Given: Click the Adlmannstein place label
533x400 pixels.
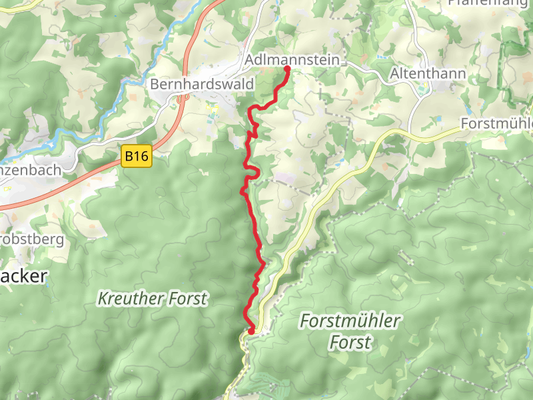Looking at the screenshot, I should [x=292, y=61].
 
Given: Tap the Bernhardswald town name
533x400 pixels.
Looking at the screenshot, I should [x=202, y=85].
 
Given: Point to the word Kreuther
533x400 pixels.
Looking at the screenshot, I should [x=129, y=298].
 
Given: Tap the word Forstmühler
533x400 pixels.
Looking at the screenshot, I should [x=350, y=321].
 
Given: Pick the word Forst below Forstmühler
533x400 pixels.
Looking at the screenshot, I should [x=350, y=343].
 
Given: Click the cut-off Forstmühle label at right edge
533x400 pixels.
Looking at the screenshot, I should [x=497, y=125].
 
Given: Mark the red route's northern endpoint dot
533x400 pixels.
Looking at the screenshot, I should [x=287, y=69].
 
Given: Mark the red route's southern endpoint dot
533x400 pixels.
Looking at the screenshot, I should [x=251, y=331].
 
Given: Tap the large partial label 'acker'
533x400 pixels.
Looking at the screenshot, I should [x=23, y=276].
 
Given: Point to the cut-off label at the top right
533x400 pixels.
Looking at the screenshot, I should [x=490, y=3].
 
